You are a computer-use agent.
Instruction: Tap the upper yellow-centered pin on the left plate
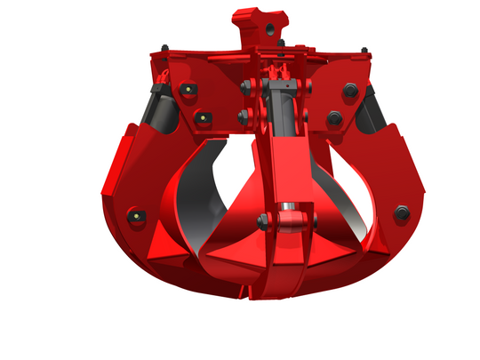(x=188, y=90)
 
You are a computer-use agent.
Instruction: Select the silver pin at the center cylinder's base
(x=287, y=218)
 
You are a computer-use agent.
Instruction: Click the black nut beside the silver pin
(x=263, y=221)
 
